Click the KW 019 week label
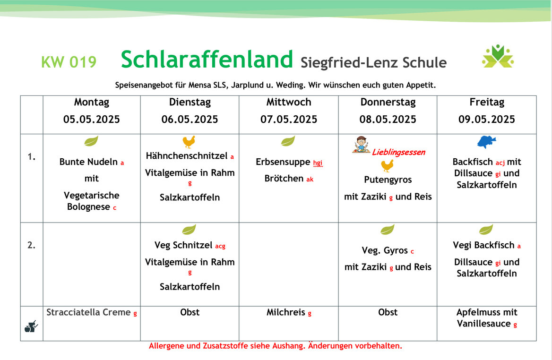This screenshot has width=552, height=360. (69, 62)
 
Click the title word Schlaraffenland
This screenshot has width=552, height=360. (207, 59)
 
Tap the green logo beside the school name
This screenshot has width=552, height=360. (498, 56)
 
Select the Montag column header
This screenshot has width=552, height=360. (92, 102)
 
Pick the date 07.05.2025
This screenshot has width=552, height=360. (289, 120)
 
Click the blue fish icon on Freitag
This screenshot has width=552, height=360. (486, 142)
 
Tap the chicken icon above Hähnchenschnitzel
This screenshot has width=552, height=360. (189, 141)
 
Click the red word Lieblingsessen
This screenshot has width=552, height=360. (398, 152)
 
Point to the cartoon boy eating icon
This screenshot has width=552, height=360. (361, 145)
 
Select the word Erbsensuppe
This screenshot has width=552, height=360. (283, 162)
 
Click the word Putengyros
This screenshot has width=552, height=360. (388, 180)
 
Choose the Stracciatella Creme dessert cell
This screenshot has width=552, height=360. (92, 312)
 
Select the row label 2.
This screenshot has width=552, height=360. (31, 245)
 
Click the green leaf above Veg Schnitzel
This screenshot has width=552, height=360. (189, 230)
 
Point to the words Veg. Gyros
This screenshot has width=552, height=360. (384, 250)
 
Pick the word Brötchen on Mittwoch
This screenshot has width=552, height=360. (284, 179)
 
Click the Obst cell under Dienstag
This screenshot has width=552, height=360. (190, 312)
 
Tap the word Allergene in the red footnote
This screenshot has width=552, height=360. (166, 346)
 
